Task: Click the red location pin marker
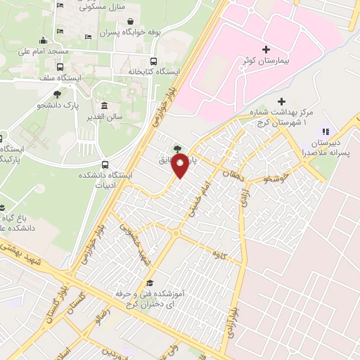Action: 181,167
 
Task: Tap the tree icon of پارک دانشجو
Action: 56,93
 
